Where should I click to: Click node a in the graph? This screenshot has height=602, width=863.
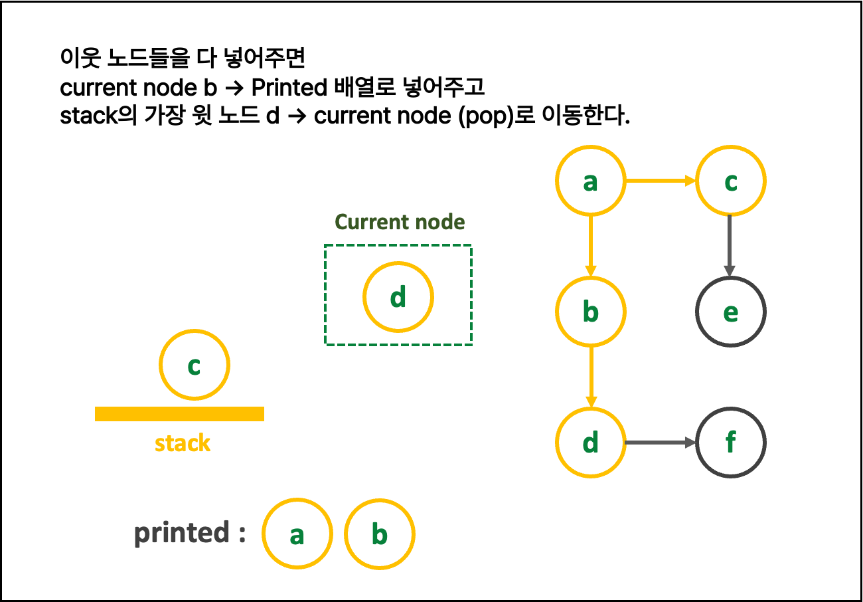pyautogui.click(x=590, y=181)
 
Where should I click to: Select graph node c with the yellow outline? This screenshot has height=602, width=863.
pyautogui.click(x=730, y=181)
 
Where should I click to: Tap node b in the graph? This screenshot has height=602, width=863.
pyautogui.click(x=590, y=312)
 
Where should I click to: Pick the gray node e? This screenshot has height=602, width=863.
pyautogui.click(x=730, y=312)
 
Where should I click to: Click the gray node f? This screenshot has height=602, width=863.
pyautogui.click(x=730, y=443)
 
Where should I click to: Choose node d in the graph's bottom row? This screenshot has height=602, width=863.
pyautogui.click(x=590, y=443)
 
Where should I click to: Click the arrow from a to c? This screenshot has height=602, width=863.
pyautogui.click(x=661, y=181)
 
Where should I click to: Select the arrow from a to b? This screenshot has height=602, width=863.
pyautogui.click(x=590, y=246)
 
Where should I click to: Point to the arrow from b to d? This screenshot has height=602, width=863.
pyautogui.click(x=590, y=377)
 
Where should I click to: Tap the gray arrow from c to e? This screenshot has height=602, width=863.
pyautogui.click(x=730, y=246)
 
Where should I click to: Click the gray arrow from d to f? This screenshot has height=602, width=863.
pyautogui.click(x=661, y=443)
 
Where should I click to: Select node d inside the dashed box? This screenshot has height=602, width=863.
pyautogui.click(x=398, y=297)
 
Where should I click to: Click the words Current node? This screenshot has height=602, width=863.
pyautogui.click(x=400, y=222)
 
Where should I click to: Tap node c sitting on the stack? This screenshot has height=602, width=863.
pyautogui.click(x=194, y=365)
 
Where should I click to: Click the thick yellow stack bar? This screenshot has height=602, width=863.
pyautogui.click(x=179, y=414)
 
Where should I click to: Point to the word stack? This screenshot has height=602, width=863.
pyautogui.click(x=183, y=443)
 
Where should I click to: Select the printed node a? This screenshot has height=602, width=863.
pyautogui.click(x=297, y=534)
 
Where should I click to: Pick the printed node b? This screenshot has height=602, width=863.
pyautogui.click(x=379, y=534)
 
